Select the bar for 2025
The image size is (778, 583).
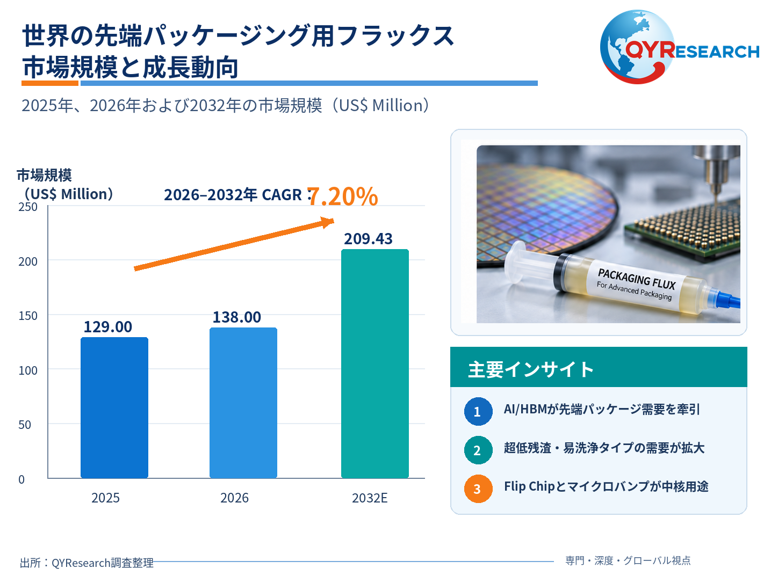click(114, 407)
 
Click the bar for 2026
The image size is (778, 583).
click(243, 403)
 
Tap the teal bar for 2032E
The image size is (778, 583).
click(374, 363)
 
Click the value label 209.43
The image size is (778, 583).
click(368, 238)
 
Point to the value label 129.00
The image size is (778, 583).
click(108, 326)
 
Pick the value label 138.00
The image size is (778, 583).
click(237, 317)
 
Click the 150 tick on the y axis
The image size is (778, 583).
click(27, 316)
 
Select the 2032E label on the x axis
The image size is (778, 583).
click(370, 498)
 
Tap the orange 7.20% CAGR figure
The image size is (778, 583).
click(343, 196)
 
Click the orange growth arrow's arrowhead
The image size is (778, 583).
click(328, 222)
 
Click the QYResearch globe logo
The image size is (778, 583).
click(637, 47)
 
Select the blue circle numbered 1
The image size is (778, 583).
click(478, 411)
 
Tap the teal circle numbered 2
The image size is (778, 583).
click(478, 449)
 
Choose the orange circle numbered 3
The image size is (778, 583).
click(478, 489)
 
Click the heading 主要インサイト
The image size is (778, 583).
click(531, 369)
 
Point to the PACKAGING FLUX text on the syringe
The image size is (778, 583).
click(637, 279)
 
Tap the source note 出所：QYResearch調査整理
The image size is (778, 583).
click(87, 562)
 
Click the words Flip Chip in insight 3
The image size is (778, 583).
click(529, 486)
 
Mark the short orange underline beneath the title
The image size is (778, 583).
click(49, 83)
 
